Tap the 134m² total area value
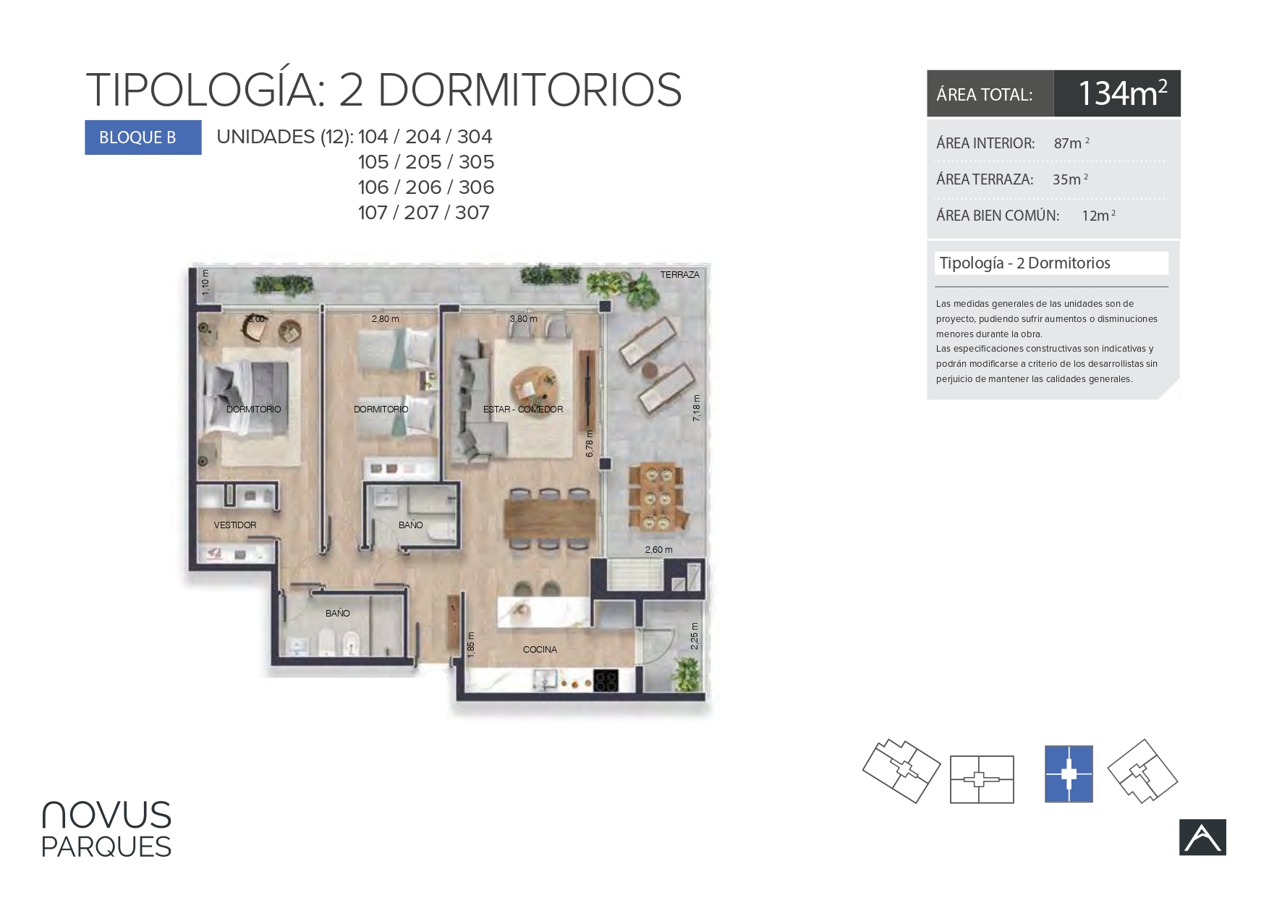point(1122,93)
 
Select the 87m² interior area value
point(1071,143)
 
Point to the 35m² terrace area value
point(1070,179)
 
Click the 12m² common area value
point(1098,216)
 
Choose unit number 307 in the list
point(472,213)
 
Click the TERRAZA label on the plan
point(679,275)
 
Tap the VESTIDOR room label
point(235,525)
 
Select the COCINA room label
point(540,650)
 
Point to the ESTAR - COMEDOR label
point(523,410)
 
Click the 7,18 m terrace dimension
point(697,408)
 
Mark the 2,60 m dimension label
point(658,550)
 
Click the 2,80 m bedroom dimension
point(385,319)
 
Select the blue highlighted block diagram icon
point(1069,774)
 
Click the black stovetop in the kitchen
point(606,681)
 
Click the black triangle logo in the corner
point(1202,837)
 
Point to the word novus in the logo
point(107,815)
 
